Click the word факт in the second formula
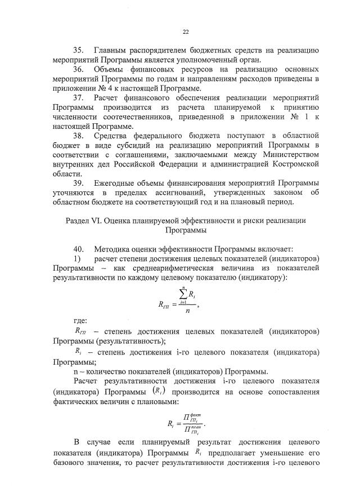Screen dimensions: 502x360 pyautogui.click(x=192, y=415)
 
